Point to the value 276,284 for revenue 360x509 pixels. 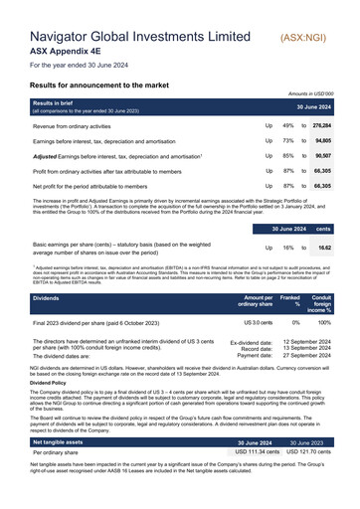321,127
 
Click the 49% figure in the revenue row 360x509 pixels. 287,127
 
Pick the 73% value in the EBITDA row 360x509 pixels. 287,142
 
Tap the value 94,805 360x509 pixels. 322,142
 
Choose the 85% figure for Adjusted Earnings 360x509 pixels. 287,156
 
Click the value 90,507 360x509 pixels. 322,156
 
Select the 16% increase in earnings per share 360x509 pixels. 287,247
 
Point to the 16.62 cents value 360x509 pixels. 324,247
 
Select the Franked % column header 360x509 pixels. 290,300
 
